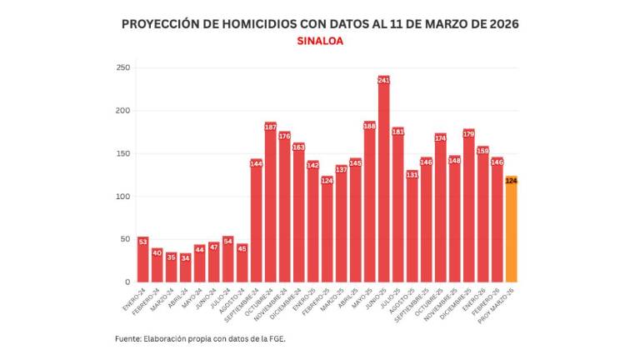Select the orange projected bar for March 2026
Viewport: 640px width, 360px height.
click(x=511, y=233)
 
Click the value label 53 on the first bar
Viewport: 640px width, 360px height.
click(x=142, y=242)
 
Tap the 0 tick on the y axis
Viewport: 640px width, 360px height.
click(x=127, y=282)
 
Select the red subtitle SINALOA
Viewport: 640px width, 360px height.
click(x=320, y=40)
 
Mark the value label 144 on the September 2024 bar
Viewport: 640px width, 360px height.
click(x=256, y=163)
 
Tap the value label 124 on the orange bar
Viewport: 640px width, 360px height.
click(x=511, y=180)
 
